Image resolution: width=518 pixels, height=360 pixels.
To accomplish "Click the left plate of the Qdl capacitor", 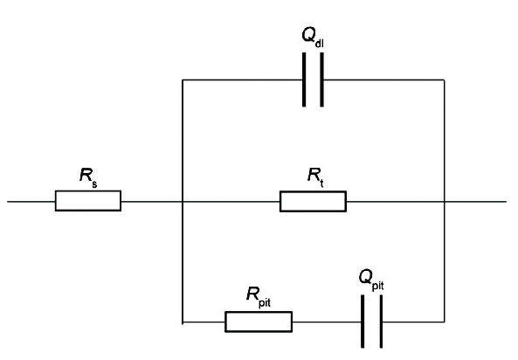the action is (x=304, y=80).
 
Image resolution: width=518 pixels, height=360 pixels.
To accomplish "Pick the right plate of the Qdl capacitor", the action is (x=321, y=80).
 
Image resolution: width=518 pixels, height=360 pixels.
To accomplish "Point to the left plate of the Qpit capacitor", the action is (x=363, y=322).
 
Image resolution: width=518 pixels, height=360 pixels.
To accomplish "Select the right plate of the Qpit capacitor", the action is (x=381, y=322).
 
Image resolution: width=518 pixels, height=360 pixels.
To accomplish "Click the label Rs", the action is (x=88, y=177).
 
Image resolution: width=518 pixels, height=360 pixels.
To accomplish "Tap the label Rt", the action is (x=315, y=177).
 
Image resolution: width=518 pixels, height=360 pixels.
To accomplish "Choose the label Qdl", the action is (x=313, y=37).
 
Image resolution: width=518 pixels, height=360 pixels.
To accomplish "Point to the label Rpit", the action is (x=259, y=297).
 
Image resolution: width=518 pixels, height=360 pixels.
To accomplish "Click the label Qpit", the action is (x=371, y=280).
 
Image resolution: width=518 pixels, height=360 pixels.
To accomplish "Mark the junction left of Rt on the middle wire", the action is (x=183, y=201).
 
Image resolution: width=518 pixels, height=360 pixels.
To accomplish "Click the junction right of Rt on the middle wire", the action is (x=445, y=201).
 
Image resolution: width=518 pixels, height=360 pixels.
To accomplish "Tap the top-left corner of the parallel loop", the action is (x=183, y=80).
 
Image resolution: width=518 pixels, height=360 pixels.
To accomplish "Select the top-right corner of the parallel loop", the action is (x=445, y=80).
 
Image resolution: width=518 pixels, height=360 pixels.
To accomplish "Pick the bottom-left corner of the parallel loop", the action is (x=183, y=322).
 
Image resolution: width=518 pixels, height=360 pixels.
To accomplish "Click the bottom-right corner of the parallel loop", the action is (x=445, y=322).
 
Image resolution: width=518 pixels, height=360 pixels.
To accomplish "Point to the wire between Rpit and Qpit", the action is (x=327, y=322).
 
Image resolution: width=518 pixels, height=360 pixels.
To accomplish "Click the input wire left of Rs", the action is (x=31, y=201).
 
